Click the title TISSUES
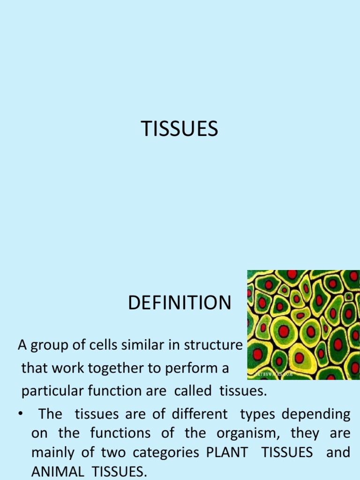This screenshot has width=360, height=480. [x=180, y=129]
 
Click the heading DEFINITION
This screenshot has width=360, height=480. [x=180, y=303]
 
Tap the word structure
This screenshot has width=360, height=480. [x=210, y=346]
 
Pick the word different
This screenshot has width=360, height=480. [x=202, y=414]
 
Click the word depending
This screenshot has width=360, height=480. [x=320, y=414]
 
